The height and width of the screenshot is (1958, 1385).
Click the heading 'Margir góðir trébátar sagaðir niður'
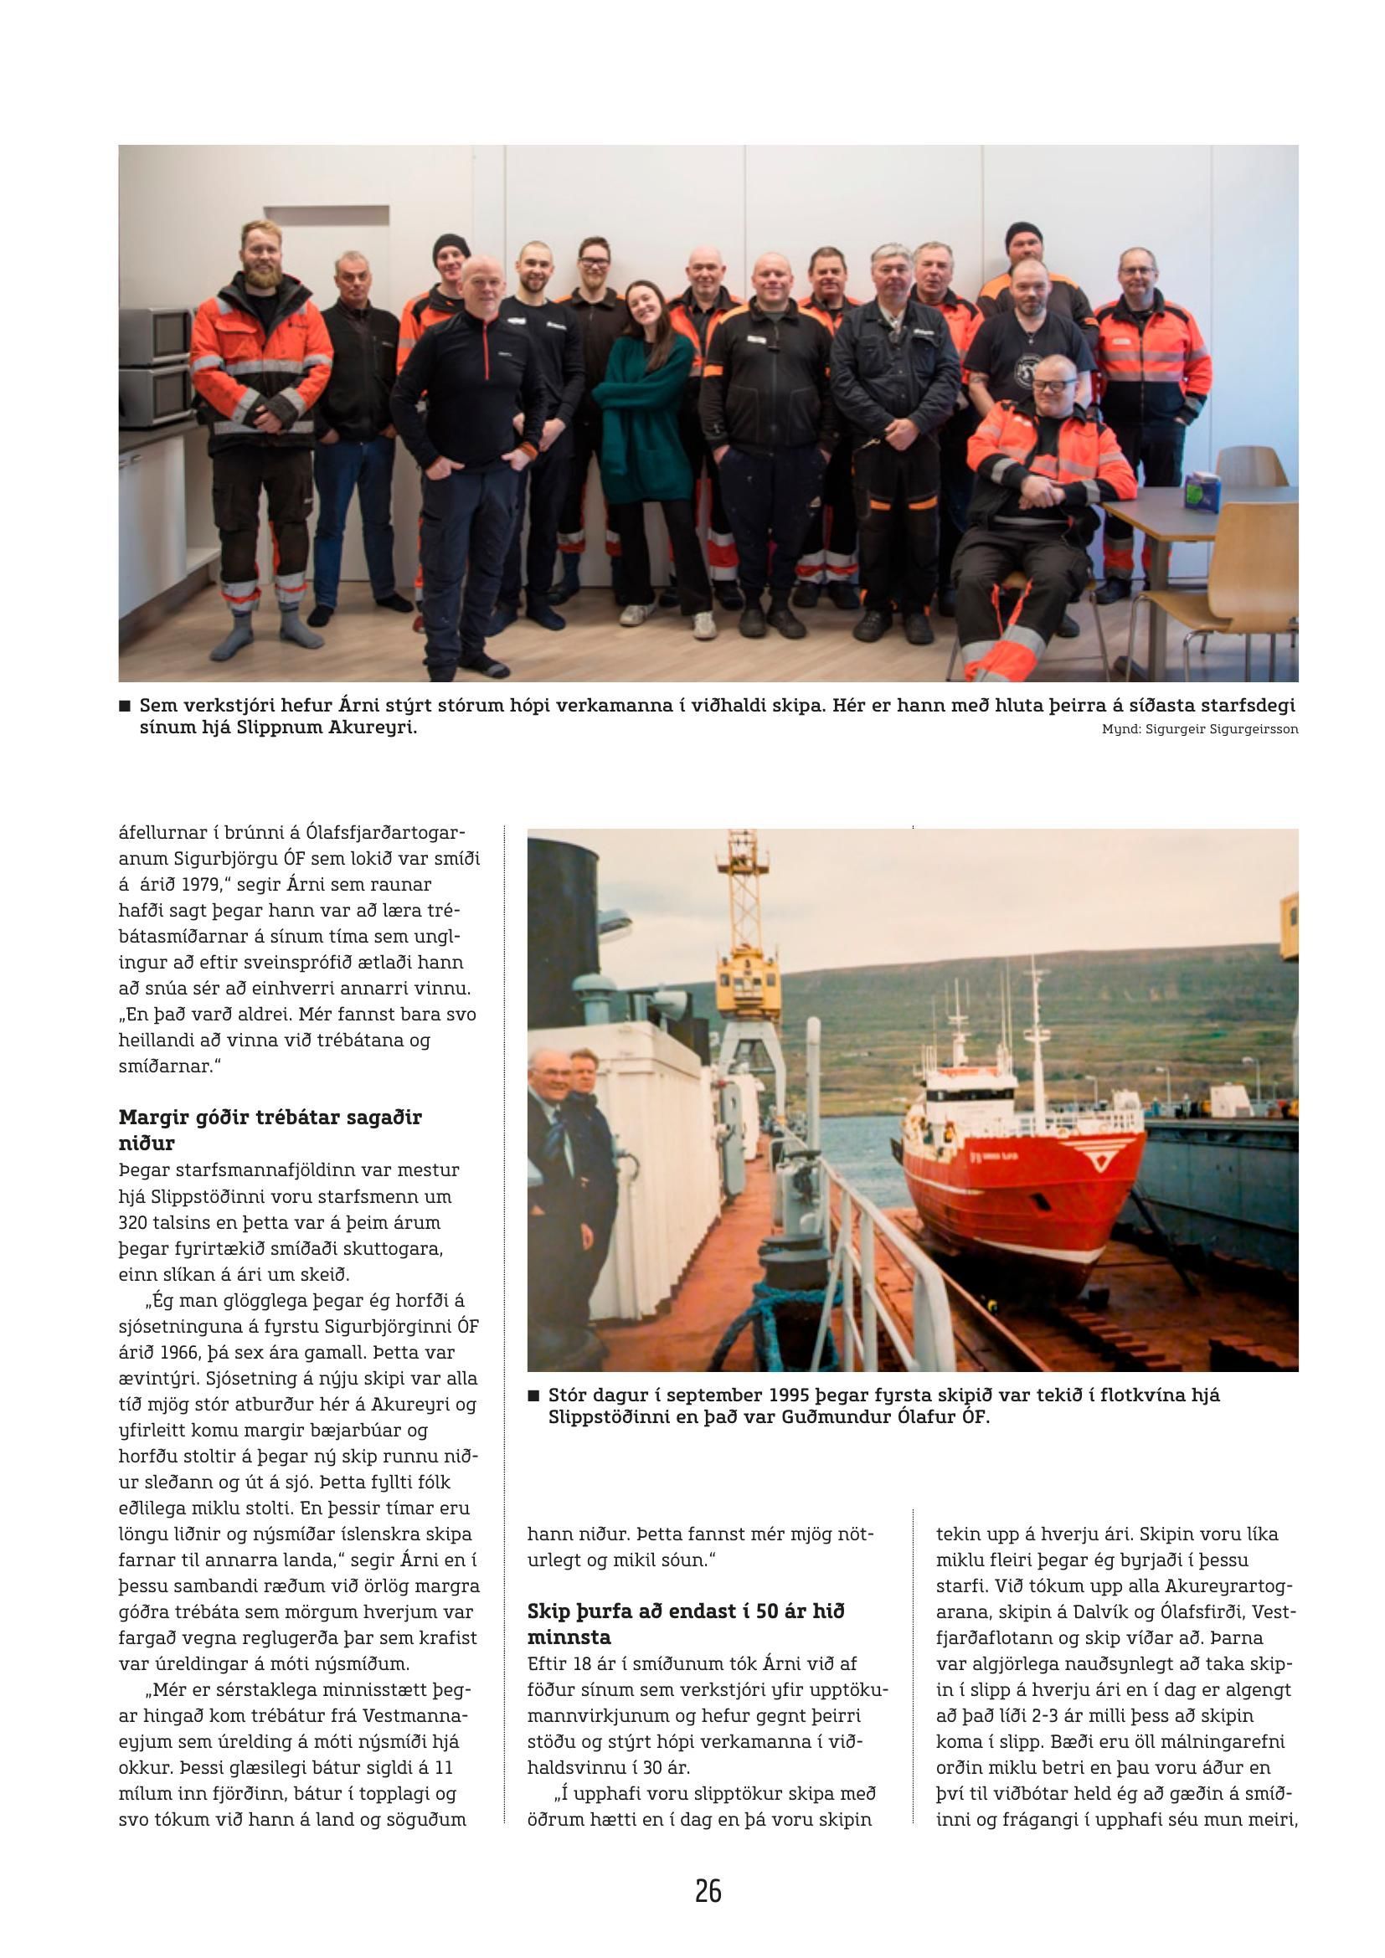tap(270, 1129)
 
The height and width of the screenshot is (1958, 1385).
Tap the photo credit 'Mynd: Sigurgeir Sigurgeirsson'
tap(1200, 729)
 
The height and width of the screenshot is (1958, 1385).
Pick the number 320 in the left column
tap(135, 1221)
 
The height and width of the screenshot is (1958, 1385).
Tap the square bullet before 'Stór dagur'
tap(534, 1396)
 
